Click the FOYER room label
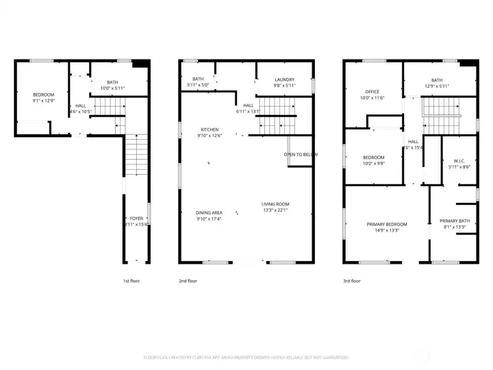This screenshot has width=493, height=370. pyautogui.click(x=136, y=218)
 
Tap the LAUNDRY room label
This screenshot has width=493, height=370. pyautogui.click(x=284, y=79)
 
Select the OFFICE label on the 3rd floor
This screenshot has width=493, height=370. pyautogui.click(x=372, y=91)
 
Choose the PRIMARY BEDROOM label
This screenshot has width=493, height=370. pyautogui.click(x=387, y=224)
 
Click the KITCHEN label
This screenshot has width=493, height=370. pyautogui.click(x=210, y=129)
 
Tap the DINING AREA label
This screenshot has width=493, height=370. pyautogui.click(x=210, y=212)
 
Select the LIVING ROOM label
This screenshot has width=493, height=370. pyautogui.click(x=275, y=203)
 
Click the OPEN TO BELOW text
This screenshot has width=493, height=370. pyautogui.click(x=301, y=154)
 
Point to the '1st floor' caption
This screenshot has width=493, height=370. pyautogui.click(x=131, y=281)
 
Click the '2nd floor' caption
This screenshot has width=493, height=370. pyautogui.click(x=188, y=281)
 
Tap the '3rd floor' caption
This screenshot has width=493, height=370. pyautogui.click(x=351, y=281)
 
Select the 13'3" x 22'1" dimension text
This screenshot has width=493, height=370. pyautogui.click(x=275, y=210)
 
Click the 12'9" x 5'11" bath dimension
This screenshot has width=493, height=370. pyautogui.click(x=437, y=86)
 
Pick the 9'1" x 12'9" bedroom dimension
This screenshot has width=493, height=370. pyautogui.click(x=42, y=101)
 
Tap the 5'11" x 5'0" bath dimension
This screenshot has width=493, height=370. pyautogui.click(x=198, y=85)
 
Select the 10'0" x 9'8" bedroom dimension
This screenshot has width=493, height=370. pyautogui.click(x=373, y=164)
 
